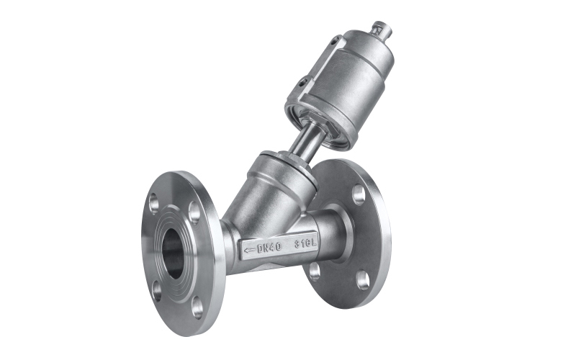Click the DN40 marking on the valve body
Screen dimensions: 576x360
269,247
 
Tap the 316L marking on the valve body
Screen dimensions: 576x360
305,243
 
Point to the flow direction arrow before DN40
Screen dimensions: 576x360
250,251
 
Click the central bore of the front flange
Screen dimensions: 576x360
173,253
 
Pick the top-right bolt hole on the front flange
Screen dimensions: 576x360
194,212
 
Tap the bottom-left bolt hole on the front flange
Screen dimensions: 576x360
157,291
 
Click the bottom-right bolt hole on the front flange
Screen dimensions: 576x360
197,307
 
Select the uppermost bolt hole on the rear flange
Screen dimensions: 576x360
359,194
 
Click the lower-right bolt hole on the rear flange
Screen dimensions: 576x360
363,280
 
